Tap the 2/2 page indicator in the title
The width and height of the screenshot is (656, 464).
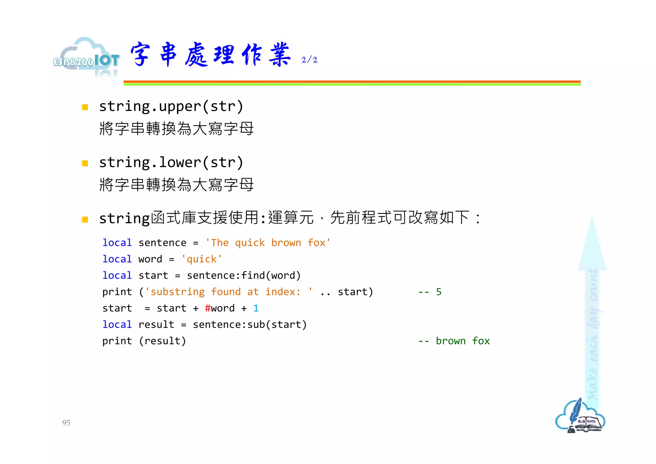tap(309, 60)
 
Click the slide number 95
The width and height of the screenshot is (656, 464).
tap(66, 423)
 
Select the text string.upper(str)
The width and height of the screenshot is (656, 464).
tap(171, 106)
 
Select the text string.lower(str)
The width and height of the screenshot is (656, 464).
tap(171, 162)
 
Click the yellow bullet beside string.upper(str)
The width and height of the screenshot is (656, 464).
tap(85, 107)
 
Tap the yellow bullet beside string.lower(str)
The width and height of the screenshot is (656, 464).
tap(85, 163)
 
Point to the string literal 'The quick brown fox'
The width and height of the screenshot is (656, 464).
tap(268, 243)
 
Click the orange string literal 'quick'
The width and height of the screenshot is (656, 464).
tap(201, 259)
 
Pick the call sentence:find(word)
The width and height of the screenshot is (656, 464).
tap(244, 276)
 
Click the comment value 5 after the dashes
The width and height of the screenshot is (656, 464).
tap(439, 292)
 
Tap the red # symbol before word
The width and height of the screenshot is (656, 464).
tap(208, 308)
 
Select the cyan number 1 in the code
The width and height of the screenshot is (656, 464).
tap(256, 308)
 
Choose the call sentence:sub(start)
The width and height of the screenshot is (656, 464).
tap(250, 325)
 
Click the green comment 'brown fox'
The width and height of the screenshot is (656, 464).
tap(463, 341)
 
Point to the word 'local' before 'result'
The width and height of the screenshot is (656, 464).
tap(117, 325)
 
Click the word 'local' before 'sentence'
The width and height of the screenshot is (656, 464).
tap(117, 243)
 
